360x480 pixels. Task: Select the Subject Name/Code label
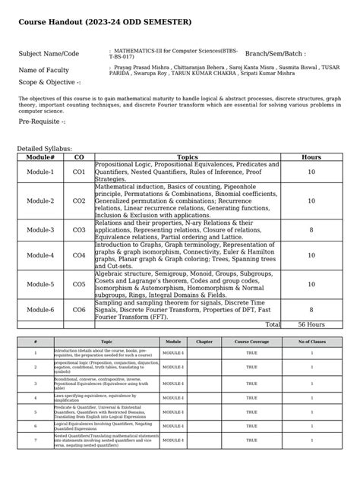pos(49,54)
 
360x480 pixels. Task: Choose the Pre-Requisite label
pos(42,122)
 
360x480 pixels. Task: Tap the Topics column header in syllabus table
pos(187,156)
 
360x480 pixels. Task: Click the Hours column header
pos(311,156)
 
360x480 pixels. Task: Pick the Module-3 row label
pos(40,229)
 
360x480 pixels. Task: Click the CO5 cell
pos(79,284)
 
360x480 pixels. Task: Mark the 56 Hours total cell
pos(311,324)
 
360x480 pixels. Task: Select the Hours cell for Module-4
pos(311,256)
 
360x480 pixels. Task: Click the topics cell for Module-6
pos(187,310)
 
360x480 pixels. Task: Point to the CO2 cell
pos(79,201)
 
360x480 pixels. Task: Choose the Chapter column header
pos(204,343)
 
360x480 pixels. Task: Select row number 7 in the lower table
pos(35,441)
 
